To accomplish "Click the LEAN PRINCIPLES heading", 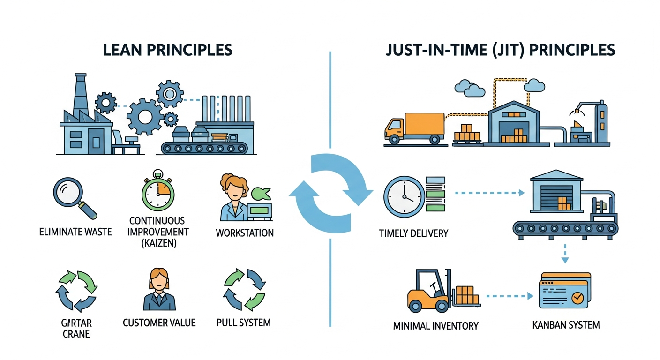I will [x=168, y=50].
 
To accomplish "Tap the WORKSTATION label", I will [x=245, y=232].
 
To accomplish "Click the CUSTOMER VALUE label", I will [x=159, y=322].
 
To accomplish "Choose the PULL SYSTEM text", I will [x=243, y=322].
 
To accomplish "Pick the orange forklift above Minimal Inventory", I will [x=429, y=292].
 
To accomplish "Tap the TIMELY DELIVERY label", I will [x=413, y=233].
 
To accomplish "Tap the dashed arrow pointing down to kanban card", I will [x=565, y=253].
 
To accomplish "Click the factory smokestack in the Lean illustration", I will [x=80, y=94].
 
